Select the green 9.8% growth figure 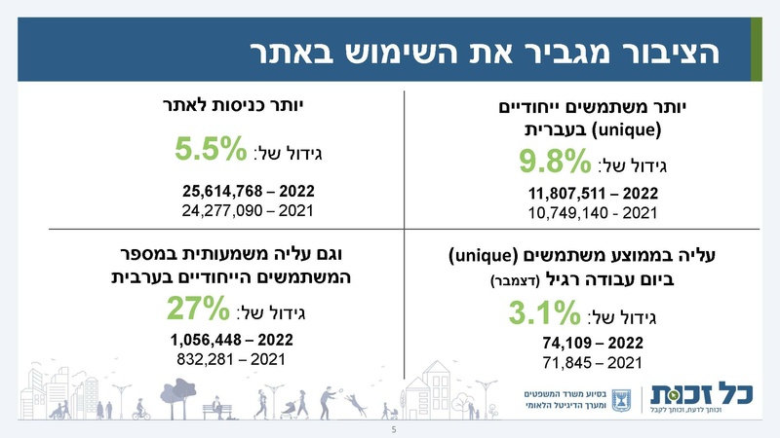[x=555, y=161]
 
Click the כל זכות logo [x=703, y=397]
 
